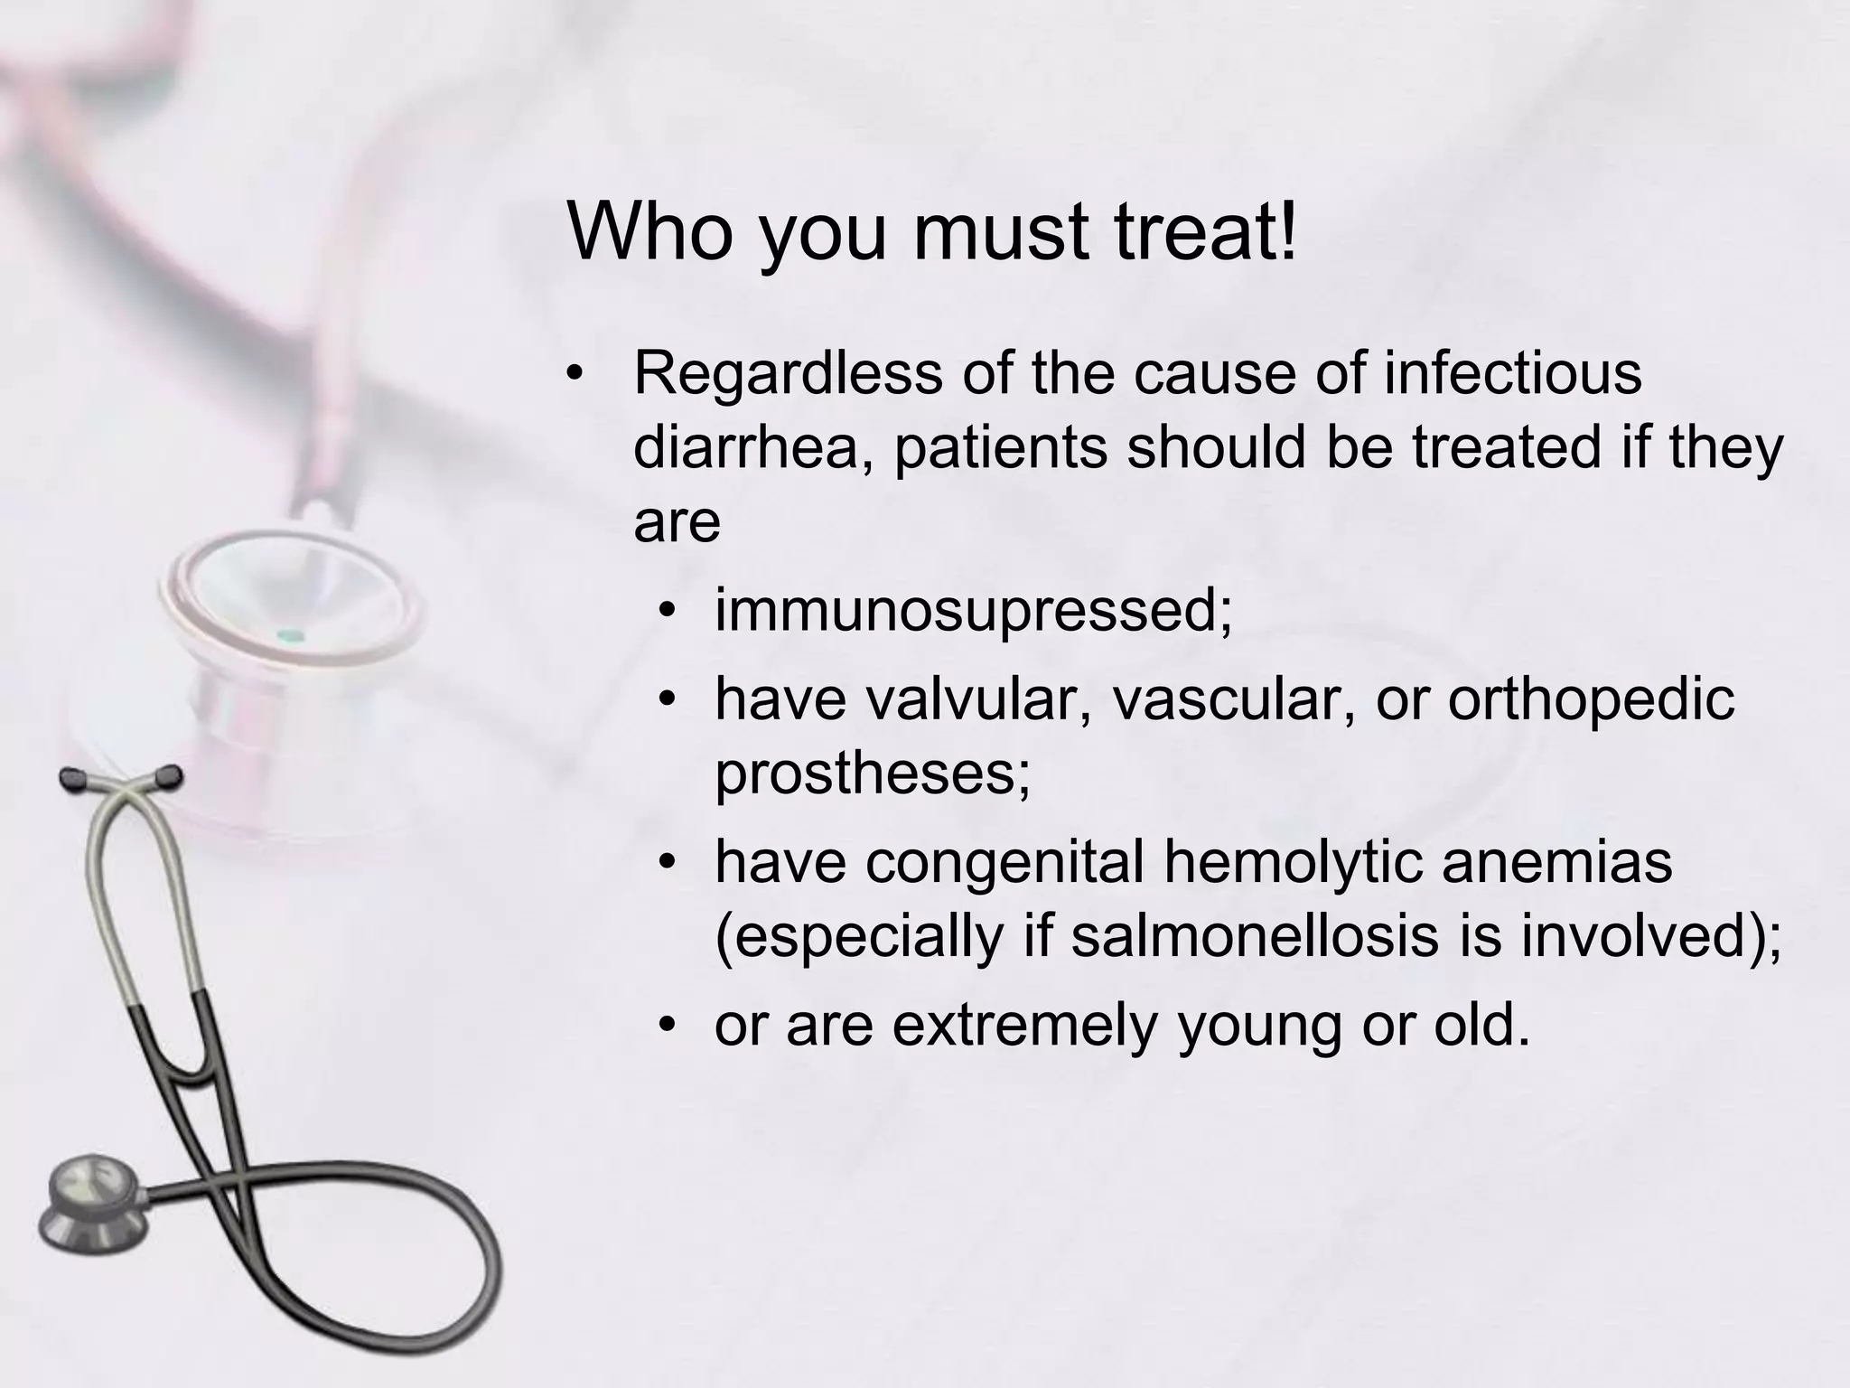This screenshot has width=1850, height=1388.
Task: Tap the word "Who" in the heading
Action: [649, 232]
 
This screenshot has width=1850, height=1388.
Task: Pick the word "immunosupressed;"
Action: [973, 611]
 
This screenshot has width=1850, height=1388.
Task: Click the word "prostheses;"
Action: [873, 774]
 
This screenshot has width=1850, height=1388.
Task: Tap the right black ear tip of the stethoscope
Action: [168, 774]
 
